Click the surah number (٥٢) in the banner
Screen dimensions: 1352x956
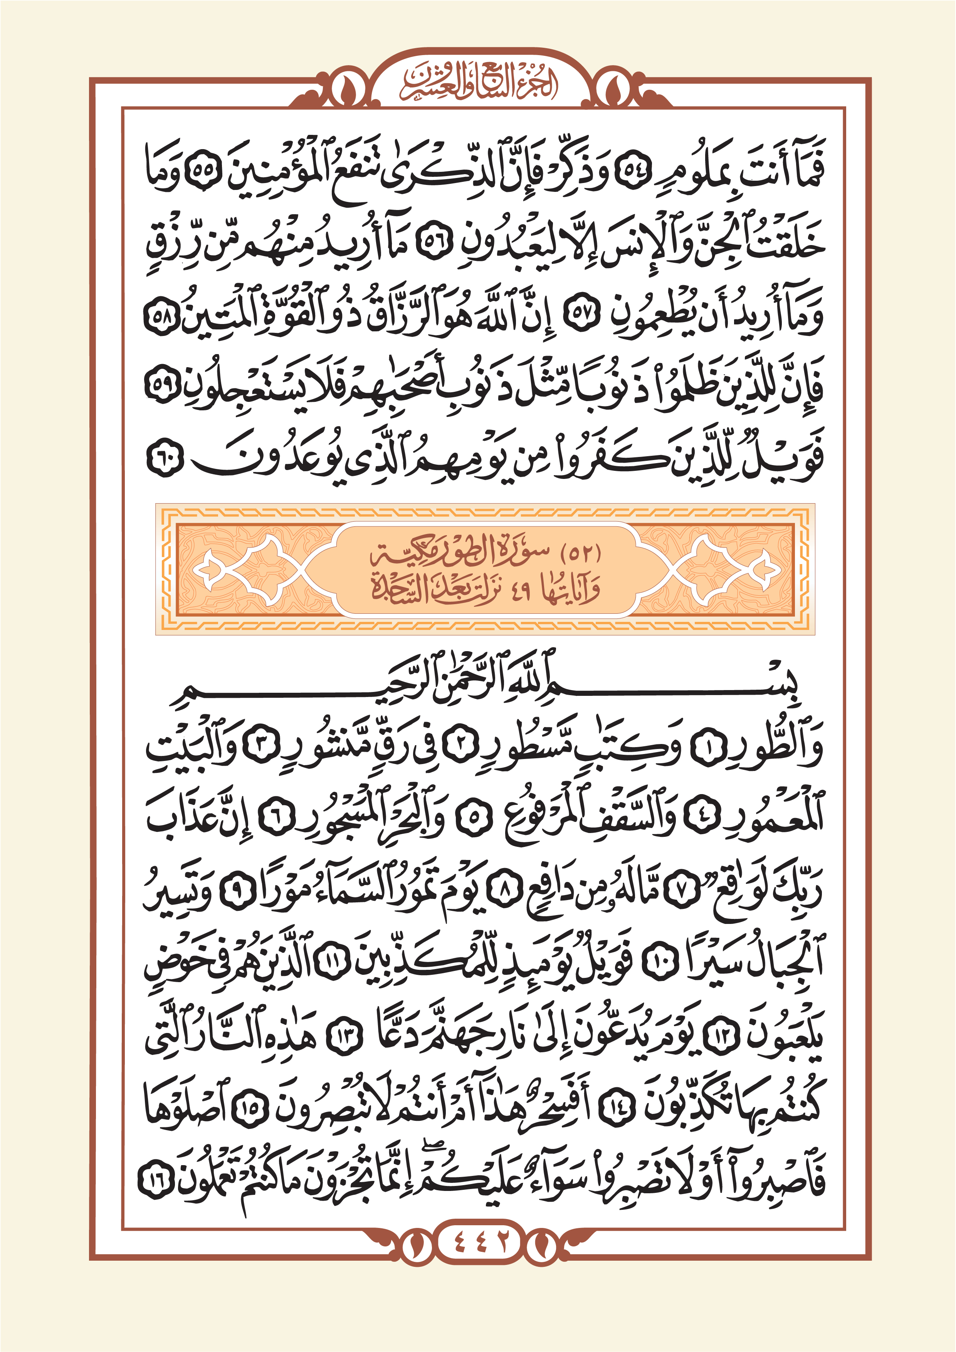coord(580,554)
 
